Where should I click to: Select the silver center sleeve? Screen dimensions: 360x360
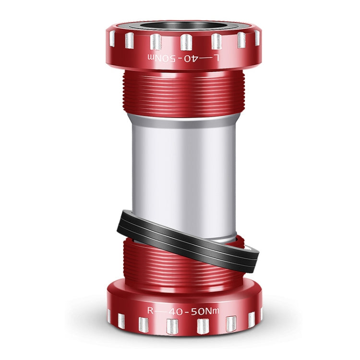click(x=182, y=173)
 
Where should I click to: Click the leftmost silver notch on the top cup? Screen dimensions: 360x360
click(x=112, y=38)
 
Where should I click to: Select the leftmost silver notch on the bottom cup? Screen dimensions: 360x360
click(x=109, y=315)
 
